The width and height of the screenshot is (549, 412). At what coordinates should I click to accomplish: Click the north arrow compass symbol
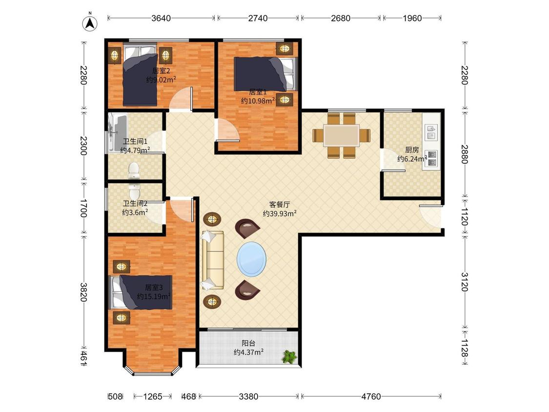[90, 23]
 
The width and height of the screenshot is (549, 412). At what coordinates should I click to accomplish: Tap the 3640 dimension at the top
[161, 18]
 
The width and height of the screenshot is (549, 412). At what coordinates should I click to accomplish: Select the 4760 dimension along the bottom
[371, 396]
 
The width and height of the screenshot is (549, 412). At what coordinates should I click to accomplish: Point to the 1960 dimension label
[412, 18]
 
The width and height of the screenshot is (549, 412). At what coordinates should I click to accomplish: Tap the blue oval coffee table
[251, 260]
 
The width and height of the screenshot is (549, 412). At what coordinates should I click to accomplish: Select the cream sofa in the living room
[212, 260]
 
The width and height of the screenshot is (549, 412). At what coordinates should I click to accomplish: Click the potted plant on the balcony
[289, 357]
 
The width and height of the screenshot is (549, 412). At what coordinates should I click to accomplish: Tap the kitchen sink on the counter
[432, 132]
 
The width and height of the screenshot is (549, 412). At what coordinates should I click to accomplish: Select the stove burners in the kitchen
[432, 158]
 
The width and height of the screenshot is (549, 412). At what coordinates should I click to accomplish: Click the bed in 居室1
[265, 74]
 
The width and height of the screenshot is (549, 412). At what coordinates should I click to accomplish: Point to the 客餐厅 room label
[280, 205]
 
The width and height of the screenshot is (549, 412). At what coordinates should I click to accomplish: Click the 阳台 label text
[248, 343]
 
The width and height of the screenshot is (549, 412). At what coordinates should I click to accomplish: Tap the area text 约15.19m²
[154, 296]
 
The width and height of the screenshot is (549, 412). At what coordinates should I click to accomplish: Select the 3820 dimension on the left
[83, 292]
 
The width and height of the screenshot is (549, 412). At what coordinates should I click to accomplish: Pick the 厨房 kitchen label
[412, 150]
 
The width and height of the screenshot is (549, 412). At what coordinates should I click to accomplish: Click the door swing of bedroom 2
[181, 100]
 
